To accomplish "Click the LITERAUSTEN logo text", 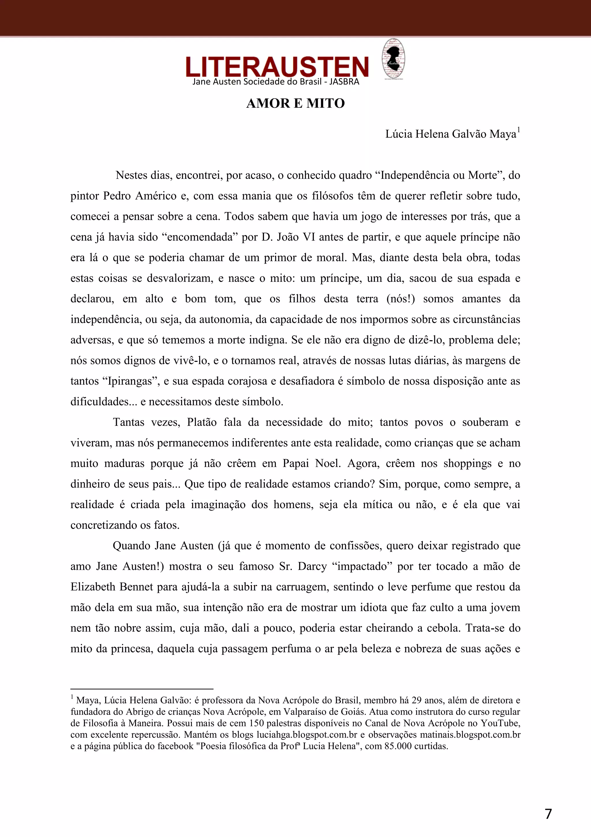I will (277, 66).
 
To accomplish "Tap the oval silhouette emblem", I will (393, 59).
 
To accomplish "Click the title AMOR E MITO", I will (295, 103).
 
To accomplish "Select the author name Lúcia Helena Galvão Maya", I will (450, 134).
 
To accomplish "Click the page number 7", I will (548, 814).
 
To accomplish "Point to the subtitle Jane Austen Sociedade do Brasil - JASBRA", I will (276, 82).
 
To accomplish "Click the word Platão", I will (202, 422).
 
